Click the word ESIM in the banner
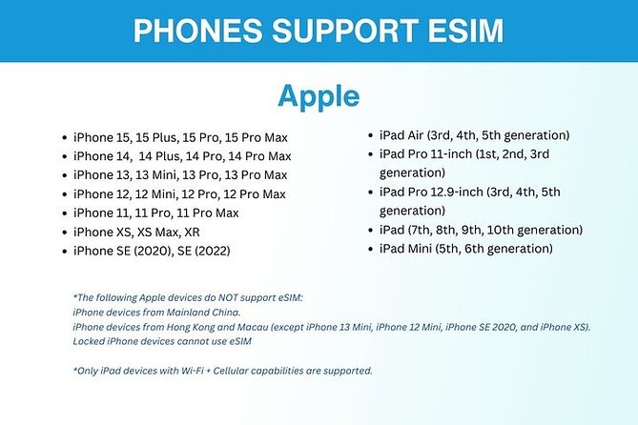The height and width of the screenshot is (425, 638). click(x=455, y=30)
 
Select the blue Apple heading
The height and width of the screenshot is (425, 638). click(x=319, y=96)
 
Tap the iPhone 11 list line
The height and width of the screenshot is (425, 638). click(x=156, y=212)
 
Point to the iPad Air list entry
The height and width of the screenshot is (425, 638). click(x=474, y=134)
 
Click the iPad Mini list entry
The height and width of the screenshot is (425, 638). click(x=465, y=249)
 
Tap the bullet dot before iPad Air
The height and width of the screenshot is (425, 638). click(x=371, y=135)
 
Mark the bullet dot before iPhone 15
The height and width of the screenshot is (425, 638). click(x=64, y=137)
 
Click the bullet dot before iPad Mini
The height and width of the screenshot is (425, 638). click(x=371, y=250)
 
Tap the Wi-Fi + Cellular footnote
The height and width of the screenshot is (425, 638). click(x=222, y=370)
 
